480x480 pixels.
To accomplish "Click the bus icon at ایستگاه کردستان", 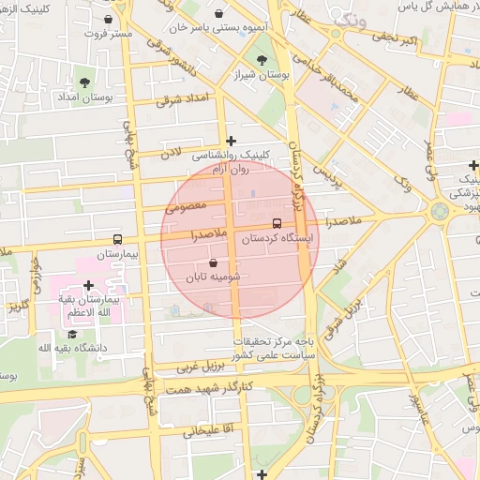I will [277, 224].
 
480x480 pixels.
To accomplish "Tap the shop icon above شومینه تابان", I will [215, 263].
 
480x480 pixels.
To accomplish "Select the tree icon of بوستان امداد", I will [87, 82].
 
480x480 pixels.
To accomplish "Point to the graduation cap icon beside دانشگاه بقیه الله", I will [72, 334].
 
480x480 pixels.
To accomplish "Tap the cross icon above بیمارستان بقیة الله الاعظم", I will [88, 285].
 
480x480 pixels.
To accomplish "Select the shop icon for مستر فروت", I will [109, 19].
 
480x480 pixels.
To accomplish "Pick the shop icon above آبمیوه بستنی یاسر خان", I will [218, 14].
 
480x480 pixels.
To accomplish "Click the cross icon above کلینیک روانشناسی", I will [231, 141].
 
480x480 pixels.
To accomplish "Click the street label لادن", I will [170, 151].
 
